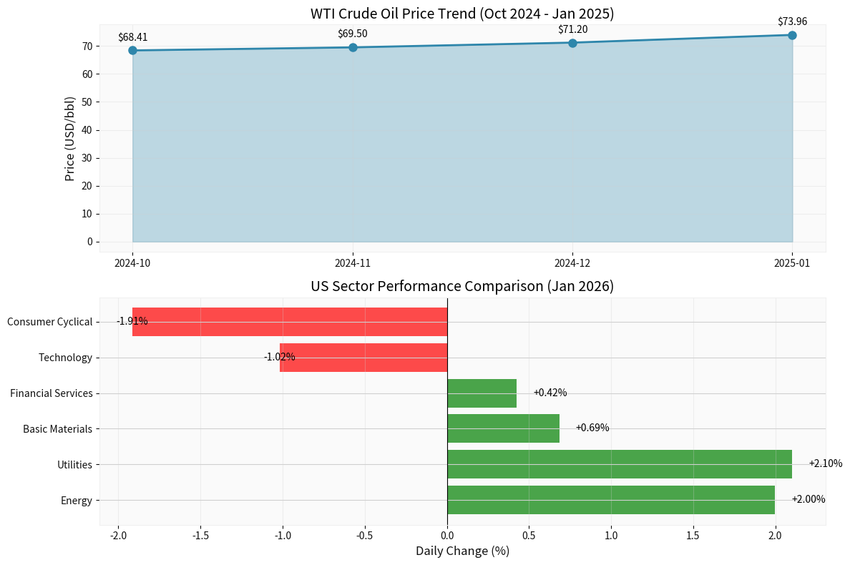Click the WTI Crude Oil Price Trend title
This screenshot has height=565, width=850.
tap(462, 14)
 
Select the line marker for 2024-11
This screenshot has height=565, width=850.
tap(353, 47)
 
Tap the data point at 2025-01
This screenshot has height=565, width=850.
tap(792, 35)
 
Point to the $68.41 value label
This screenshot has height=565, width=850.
tap(132, 37)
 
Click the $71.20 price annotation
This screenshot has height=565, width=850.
tap(572, 29)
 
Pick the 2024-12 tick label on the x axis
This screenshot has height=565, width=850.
tap(572, 263)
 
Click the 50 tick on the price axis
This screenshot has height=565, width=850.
tap(87, 102)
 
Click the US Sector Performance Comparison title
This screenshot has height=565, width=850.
tap(462, 287)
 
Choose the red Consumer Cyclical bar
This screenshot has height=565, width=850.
tap(290, 322)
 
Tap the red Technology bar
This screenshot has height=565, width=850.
tap(363, 358)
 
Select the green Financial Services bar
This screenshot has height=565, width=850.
tap(482, 393)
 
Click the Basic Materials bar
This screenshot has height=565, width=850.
tap(503, 428)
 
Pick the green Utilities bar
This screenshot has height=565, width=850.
tap(619, 464)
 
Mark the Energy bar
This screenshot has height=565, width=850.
tap(610, 500)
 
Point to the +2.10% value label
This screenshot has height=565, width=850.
tap(825, 463)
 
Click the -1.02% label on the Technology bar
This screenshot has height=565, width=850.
tap(279, 357)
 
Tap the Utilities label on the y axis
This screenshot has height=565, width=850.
tap(75, 465)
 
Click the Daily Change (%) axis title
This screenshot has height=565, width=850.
tap(462, 551)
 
